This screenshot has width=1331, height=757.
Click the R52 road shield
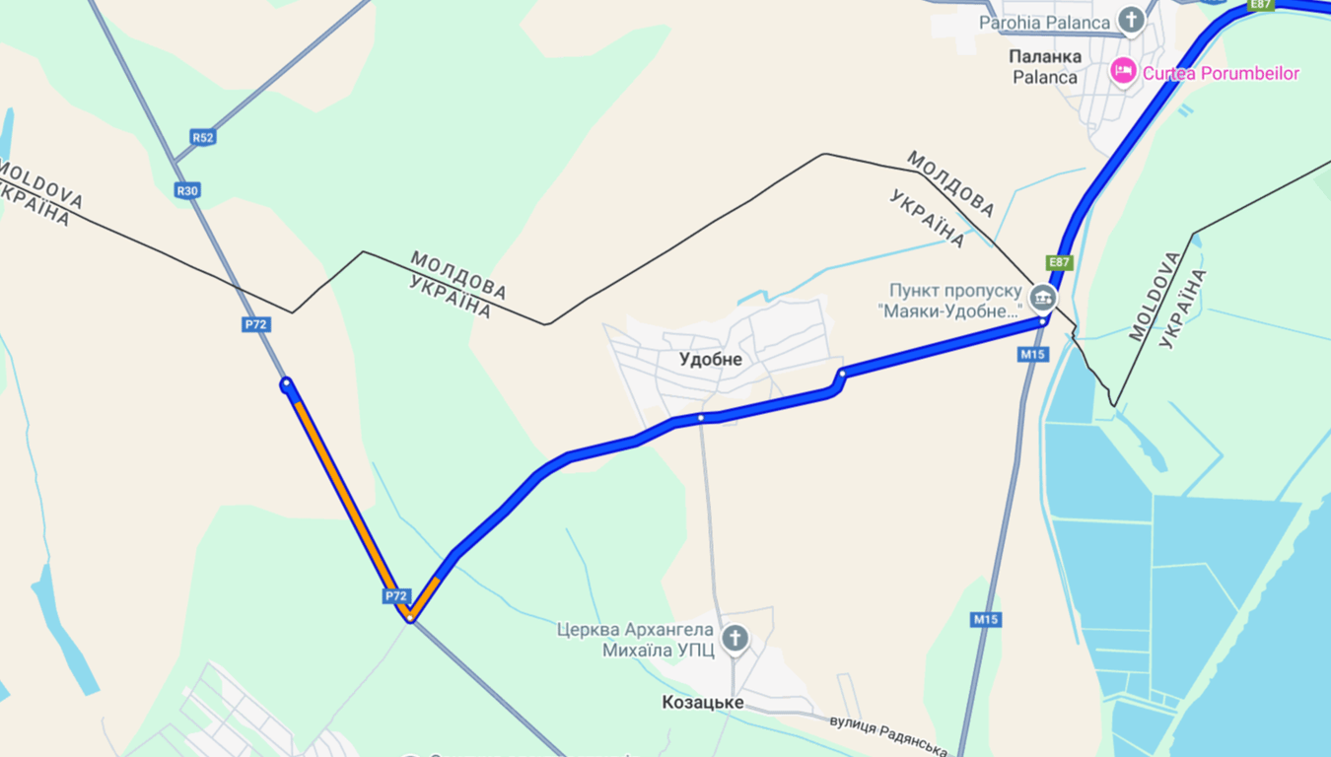(x=203, y=137)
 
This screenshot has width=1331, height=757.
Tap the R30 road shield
(x=187, y=190)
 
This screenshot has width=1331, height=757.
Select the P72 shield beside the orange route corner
(x=395, y=596)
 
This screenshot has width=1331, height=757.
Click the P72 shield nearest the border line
(x=256, y=324)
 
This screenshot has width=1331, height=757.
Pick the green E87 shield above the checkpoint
(x=1059, y=262)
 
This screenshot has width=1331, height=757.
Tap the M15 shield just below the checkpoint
(x=1033, y=354)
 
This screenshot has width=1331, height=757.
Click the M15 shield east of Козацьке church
(x=986, y=619)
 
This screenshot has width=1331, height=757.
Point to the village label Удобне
(x=711, y=360)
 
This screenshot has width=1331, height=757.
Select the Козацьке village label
(x=703, y=703)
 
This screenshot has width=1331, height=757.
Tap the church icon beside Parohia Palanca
(x=1131, y=20)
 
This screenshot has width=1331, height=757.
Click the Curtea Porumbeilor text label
(x=1221, y=73)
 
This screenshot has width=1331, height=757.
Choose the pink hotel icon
(x=1122, y=71)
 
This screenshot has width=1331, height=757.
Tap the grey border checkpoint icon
(x=1042, y=297)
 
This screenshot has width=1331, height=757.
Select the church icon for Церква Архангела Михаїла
(x=735, y=639)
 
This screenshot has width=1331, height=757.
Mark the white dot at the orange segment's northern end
(x=286, y=383)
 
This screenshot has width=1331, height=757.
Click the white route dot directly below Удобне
(x=701, y=418)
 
